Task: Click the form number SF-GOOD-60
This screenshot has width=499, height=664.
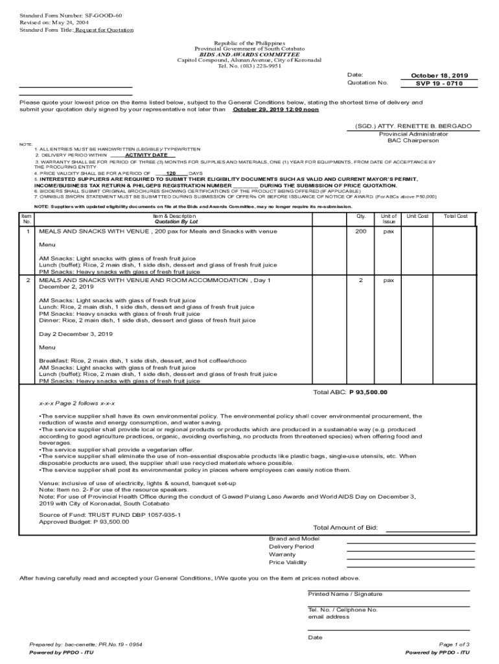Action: (103, 14)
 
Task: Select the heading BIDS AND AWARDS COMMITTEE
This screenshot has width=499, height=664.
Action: (250, 54)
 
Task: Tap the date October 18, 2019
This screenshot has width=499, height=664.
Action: (439, 75)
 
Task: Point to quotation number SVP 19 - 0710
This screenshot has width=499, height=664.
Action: (439, 84)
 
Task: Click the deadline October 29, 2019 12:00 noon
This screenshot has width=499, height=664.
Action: (275, 110)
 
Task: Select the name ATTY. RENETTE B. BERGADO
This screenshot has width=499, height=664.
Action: (413, 126)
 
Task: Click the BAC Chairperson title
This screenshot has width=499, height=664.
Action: (413, 140)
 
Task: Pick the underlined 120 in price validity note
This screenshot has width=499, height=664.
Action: (171, 174)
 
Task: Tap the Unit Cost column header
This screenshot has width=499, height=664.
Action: (417, 216)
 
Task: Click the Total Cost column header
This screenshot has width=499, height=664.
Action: (455, 216)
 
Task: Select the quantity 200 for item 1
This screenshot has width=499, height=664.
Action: (360, 231)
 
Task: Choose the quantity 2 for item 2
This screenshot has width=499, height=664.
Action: (360, 280)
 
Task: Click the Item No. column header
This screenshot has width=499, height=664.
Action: (27, 219)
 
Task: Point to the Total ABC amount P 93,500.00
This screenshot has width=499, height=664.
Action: (368, 392)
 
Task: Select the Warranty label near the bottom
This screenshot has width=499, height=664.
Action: (282, 554)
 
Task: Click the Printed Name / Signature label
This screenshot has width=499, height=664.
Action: (345, 594)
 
